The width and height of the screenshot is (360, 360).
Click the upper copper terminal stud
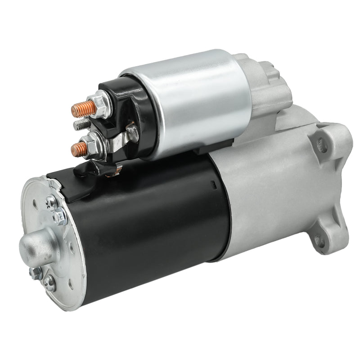tap(84, 108)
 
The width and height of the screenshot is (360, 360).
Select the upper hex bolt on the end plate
tap(59, 218)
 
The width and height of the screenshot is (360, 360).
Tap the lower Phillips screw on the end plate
tap(49, 282)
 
